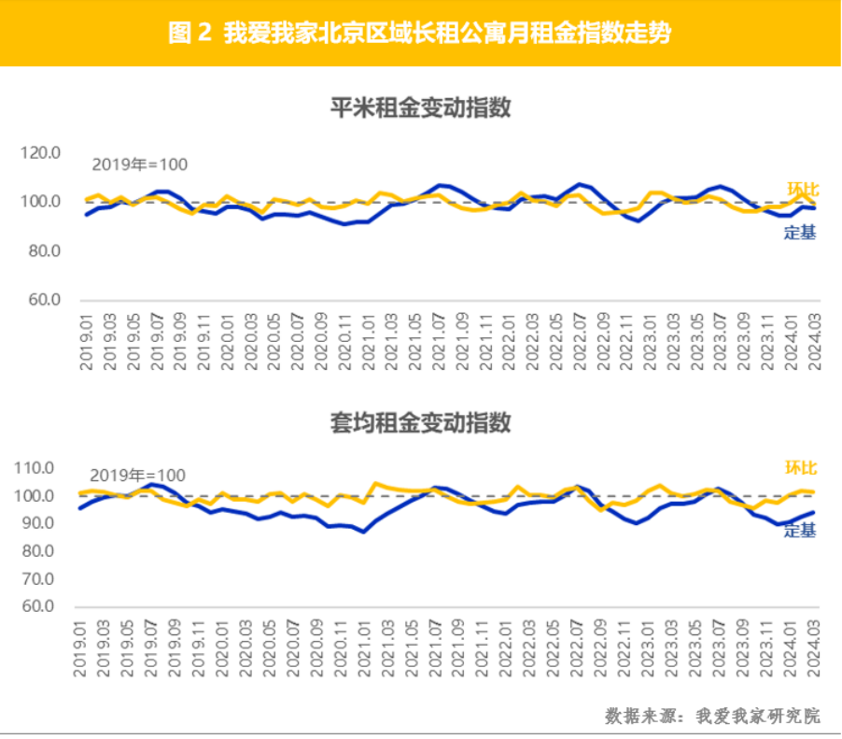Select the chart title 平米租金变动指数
421,107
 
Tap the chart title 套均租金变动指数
421,422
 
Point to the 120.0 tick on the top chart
41,152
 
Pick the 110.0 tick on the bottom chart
35,468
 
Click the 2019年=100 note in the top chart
139,165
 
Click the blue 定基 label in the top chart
800,234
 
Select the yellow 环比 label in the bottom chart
800,467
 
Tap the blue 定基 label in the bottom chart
800,531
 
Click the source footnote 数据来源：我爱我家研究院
712,717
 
